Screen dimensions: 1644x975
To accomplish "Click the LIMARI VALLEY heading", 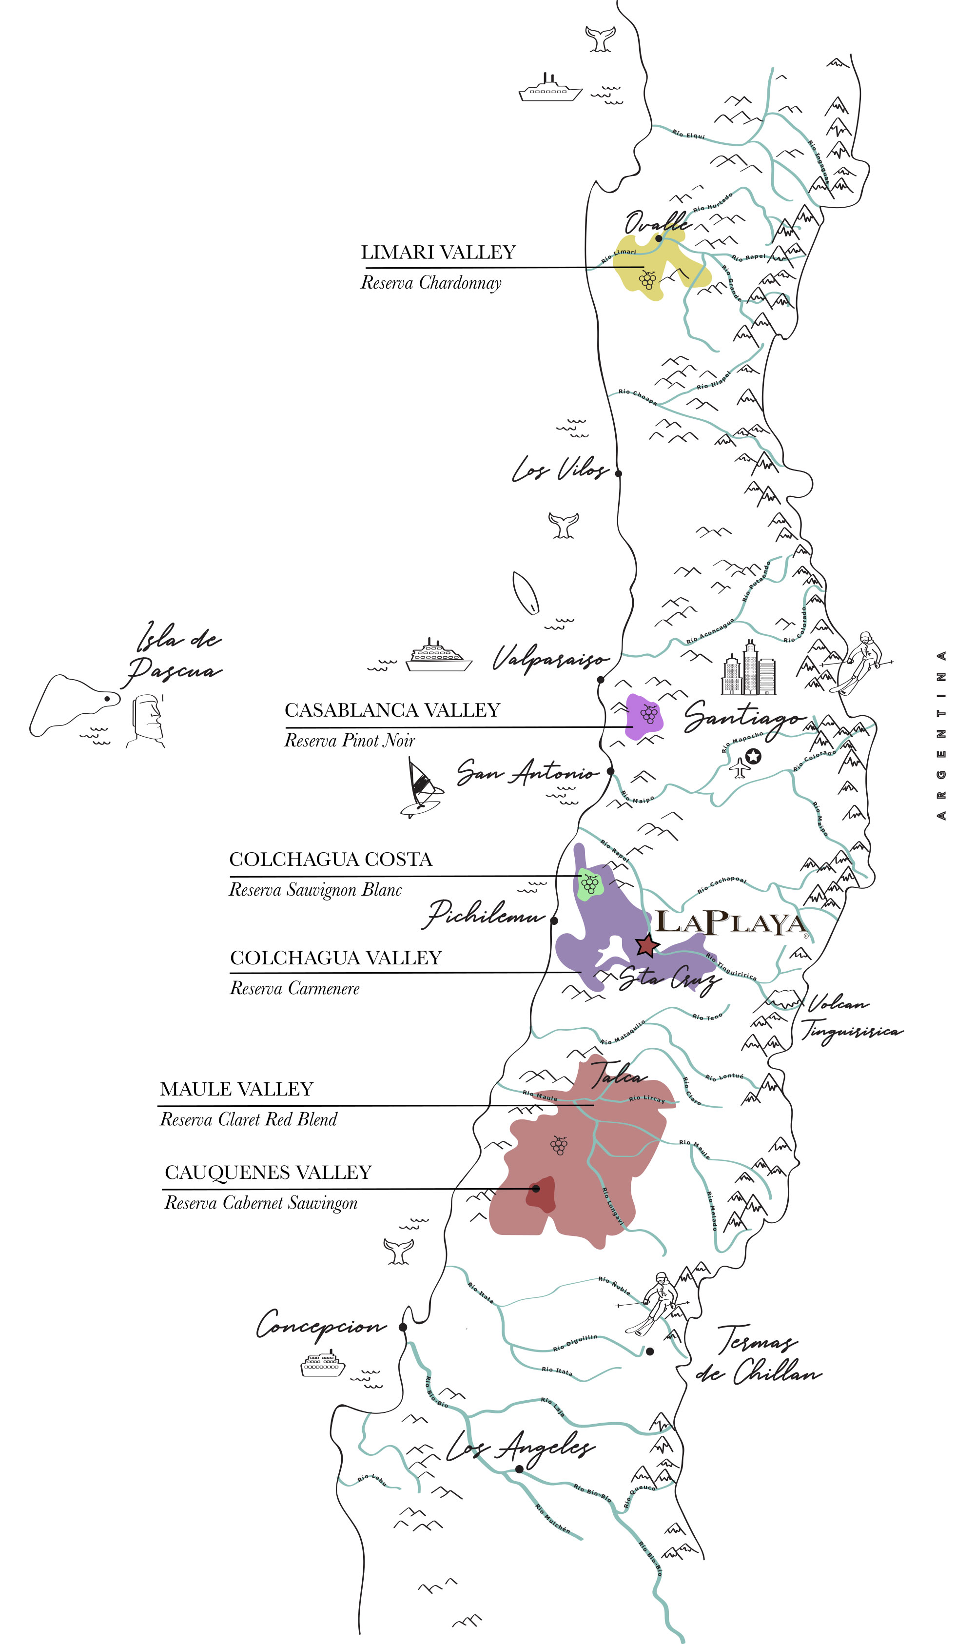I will tap(438, 253).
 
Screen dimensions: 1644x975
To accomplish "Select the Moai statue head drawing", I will tap(148, 720).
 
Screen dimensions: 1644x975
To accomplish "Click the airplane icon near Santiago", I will tap(740, 767).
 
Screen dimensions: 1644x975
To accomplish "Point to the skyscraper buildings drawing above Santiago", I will tap(749, 668).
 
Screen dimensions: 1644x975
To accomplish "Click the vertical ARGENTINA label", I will tap(941, 735).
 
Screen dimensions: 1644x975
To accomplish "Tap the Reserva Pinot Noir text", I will tap(350, 741).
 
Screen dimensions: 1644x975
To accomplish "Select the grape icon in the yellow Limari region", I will tap(648, 280).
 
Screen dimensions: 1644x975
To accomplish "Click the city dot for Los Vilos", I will tap(618, 473).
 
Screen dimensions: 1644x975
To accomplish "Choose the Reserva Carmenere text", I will tap(295, 988).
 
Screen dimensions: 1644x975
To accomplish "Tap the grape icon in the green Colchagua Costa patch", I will tap(590, 884).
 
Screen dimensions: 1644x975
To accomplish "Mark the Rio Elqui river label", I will tap(688, 135).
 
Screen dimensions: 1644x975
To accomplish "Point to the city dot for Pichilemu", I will tap(554, 920).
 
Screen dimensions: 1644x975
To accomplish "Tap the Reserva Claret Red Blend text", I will tap(248, 1120).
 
